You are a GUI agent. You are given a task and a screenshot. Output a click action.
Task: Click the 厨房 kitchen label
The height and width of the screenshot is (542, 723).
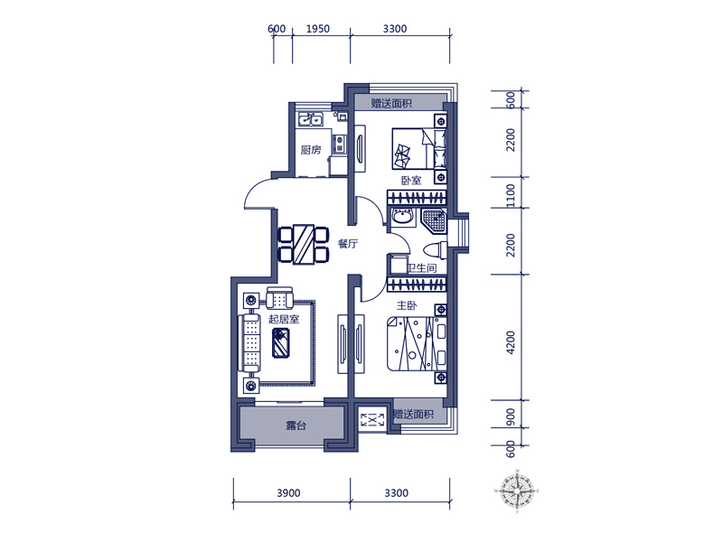(310, 150)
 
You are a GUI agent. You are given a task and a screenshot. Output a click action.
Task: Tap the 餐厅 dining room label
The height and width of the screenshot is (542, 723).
(348, 244)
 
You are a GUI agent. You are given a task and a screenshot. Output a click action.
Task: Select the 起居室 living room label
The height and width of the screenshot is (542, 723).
(284, 319)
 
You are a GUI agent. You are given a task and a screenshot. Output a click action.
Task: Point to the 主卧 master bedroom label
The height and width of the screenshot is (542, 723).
(407, 305)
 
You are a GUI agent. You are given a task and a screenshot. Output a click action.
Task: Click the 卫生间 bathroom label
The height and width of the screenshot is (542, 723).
(421, 267)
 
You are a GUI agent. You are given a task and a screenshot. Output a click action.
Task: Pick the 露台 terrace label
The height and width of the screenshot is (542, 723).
(296, 425)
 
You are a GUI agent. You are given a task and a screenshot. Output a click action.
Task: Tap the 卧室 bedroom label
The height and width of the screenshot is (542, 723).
(411, 180)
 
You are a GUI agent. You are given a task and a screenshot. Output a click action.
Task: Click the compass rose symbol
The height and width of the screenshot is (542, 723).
(517, 491)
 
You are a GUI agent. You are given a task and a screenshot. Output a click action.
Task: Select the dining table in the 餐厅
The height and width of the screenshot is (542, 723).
(304, 244)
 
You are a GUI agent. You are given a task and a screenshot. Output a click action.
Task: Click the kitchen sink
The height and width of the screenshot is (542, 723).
(310, 119)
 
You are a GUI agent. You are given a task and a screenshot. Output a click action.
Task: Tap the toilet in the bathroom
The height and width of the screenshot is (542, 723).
(436, 250)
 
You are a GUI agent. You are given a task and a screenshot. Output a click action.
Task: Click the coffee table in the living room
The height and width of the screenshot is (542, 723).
(281, 342)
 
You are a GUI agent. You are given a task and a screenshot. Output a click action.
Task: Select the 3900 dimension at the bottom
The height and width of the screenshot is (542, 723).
(288, 493)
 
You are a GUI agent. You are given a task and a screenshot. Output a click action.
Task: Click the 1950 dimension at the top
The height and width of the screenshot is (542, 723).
(318, 29)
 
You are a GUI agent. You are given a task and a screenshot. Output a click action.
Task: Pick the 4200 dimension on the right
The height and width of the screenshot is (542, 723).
(511, 342)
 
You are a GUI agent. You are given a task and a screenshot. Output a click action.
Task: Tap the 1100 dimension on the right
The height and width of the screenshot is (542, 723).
(511, 195)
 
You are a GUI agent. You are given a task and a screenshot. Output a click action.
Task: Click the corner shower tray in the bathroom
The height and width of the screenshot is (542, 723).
(435, 220)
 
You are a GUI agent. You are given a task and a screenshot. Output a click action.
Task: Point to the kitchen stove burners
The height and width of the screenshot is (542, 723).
(340, 144)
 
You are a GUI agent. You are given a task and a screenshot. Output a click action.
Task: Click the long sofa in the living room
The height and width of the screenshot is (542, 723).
(249, 343)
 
